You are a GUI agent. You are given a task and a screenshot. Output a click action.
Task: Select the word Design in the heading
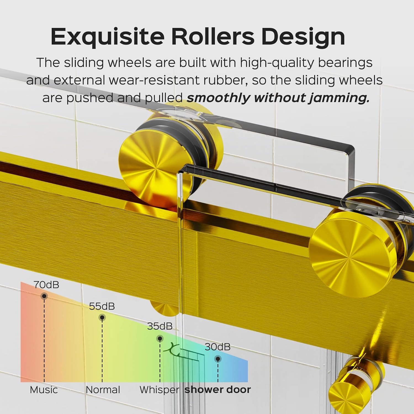tap(303, 37)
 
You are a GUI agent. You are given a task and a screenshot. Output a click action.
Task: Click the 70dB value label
tap(46, 285)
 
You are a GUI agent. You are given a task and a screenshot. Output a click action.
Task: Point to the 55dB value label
tap(102, 306)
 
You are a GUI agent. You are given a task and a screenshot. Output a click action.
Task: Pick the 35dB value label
tap(160, 326)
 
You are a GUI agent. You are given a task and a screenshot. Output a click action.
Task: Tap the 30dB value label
tap(217, 347)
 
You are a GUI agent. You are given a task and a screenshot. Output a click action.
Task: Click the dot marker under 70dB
tap(44, 296)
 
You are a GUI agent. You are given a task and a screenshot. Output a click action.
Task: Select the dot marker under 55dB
tap(102, 317)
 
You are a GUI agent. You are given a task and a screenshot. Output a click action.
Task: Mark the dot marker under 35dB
tap(160, 338)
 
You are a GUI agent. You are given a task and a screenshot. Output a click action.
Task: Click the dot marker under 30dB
tap(218, 359)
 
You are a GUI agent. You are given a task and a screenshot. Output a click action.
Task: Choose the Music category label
tap(44, 390)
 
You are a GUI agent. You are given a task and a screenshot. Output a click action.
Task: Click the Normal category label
tap(103, 390)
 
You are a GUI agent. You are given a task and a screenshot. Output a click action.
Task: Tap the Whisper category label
tap(160, 390)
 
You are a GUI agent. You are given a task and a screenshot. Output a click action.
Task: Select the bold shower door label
tap(218, 390)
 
